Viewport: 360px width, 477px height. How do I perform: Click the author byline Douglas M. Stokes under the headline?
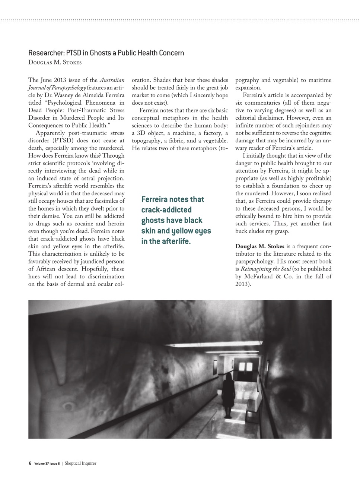click(x=55, y=62)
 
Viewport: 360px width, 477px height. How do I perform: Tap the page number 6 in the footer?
click(x=30, y=463)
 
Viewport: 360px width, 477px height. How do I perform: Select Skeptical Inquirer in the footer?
click(x=80, y=463)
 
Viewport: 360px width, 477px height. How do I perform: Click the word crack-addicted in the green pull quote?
click(x=166, y=210)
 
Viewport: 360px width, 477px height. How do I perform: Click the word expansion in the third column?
click(x=248, y=88)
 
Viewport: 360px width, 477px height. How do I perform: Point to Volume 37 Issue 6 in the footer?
click(x=47, y=464)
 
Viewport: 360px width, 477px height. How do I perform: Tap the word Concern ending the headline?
click(x=172, y=53)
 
